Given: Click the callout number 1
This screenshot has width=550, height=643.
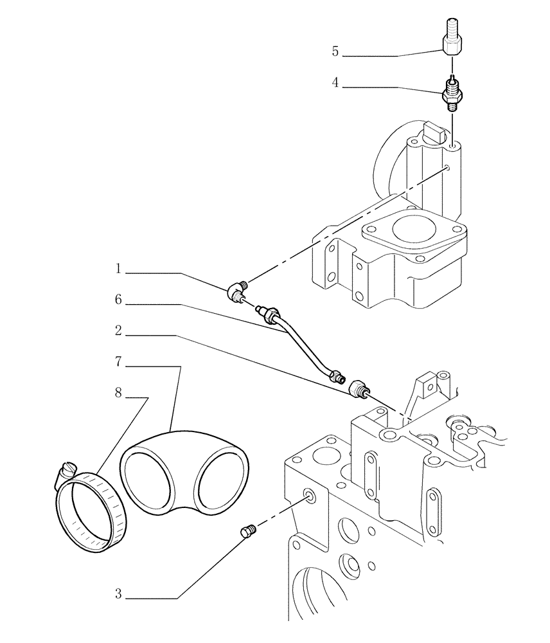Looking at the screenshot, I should pos(118,269).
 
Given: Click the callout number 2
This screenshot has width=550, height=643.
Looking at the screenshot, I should pos(118,332).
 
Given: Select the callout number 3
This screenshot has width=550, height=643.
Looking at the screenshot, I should pos(118,595).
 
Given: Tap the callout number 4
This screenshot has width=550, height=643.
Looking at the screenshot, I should pos(335,83).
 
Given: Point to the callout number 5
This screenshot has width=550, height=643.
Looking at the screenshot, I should pos(335,52).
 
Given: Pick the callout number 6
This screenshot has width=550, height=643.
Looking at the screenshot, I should pos(118,300).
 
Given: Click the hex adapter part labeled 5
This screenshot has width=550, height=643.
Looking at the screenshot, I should pos(452,41).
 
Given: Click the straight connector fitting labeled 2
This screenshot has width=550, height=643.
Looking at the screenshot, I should pos(359,389).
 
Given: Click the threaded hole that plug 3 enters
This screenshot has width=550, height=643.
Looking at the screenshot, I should pos(311,495).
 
